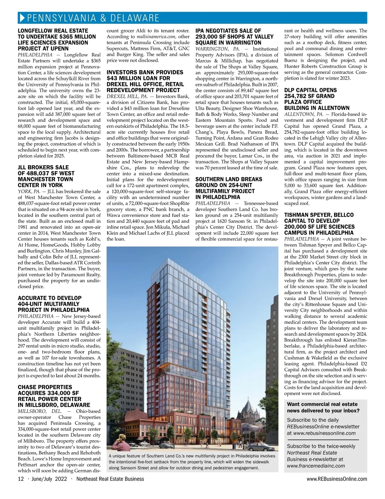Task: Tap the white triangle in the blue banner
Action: coord(22,18)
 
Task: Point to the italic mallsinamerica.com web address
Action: coord(153,37)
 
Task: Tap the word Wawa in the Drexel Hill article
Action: coord(113,215)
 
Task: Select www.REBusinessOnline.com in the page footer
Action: coord(337,479)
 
